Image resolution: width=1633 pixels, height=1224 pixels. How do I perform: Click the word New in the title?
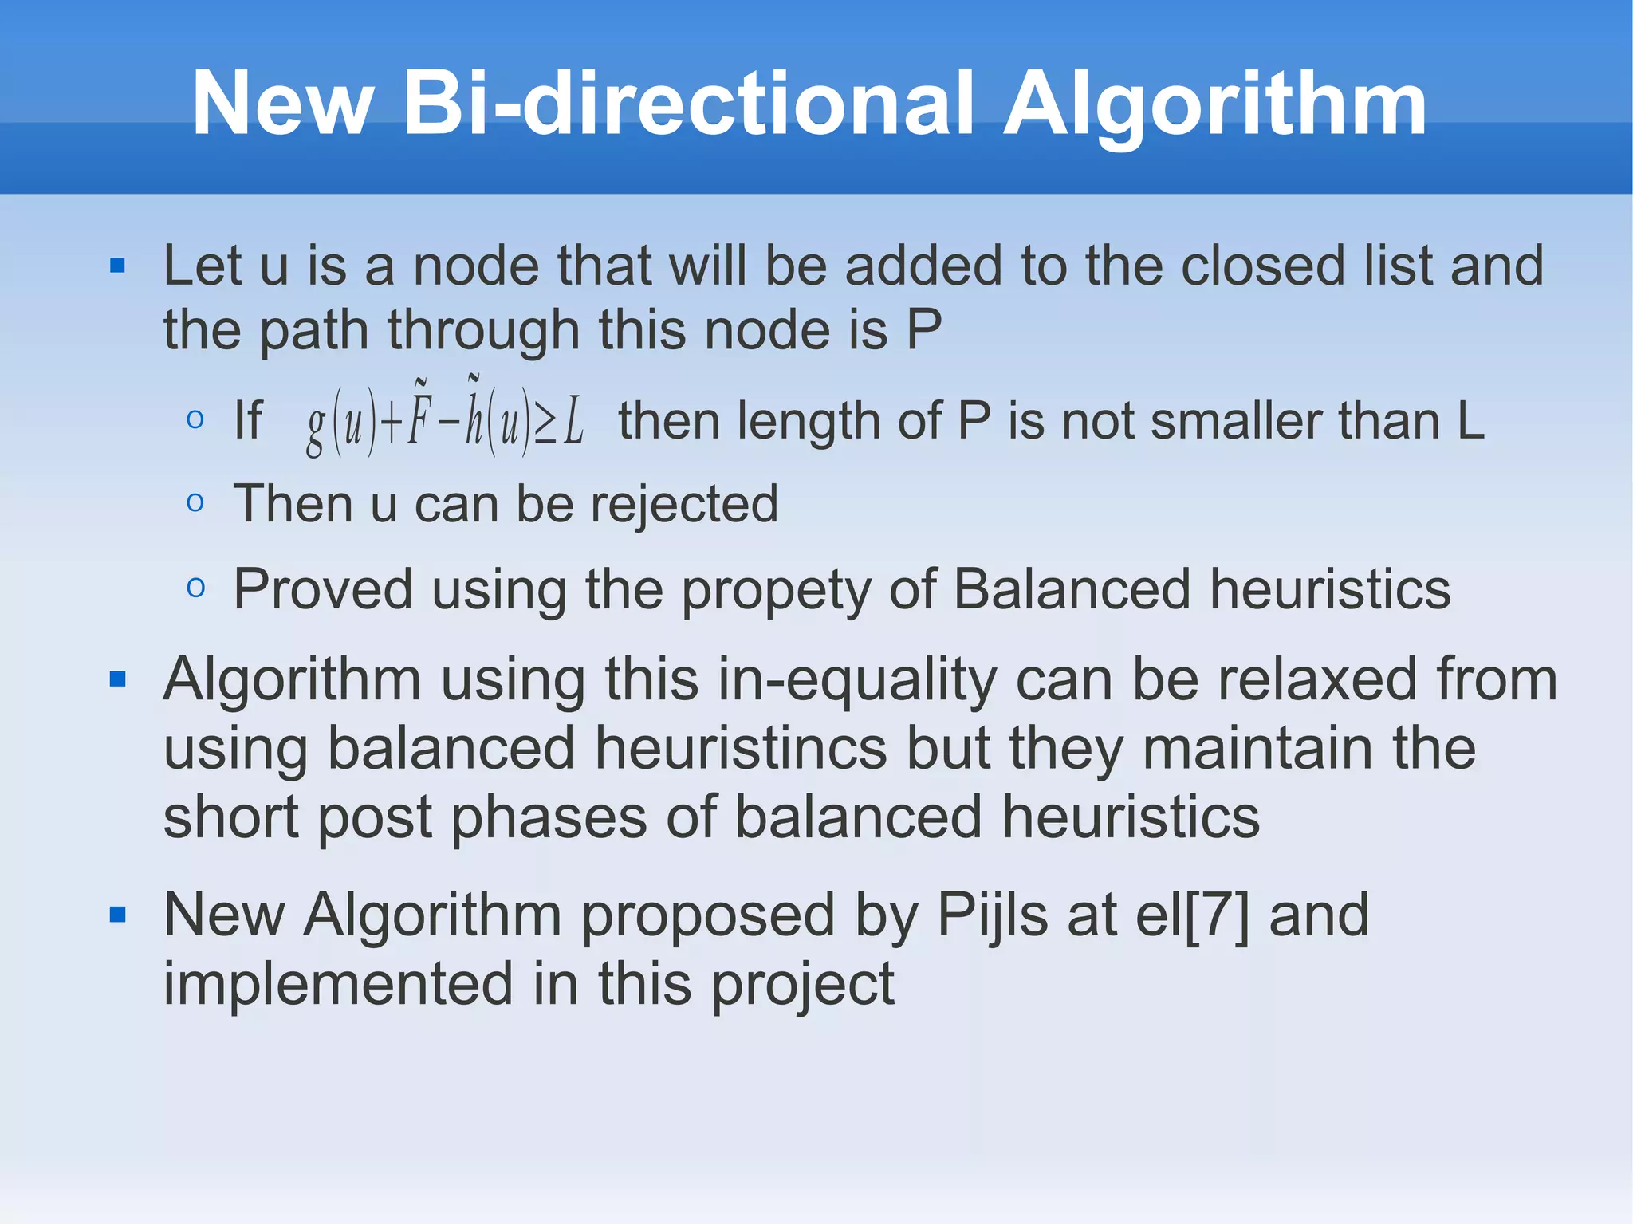[282, 104]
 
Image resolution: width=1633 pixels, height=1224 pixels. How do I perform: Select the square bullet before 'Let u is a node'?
[118, 266]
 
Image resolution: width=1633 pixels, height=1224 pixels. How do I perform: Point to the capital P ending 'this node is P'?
[924, 330]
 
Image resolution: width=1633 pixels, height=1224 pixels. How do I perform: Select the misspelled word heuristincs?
[741, 749]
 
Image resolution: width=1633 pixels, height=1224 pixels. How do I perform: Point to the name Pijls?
[992, 915]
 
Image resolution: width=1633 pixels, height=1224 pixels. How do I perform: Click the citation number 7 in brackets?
[1218, 915]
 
